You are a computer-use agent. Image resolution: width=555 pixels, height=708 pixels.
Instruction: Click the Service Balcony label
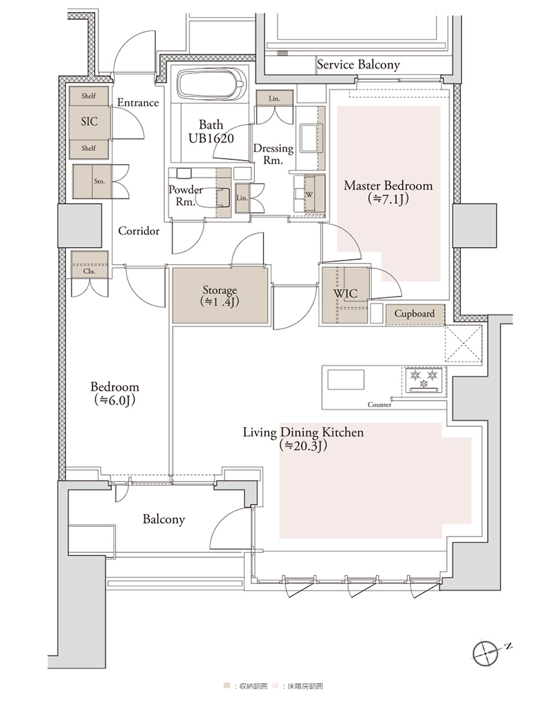click(358, 64)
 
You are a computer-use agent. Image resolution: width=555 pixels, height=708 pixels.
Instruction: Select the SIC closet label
click(89, 121)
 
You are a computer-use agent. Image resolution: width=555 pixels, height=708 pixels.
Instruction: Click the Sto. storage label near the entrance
click(99, 181)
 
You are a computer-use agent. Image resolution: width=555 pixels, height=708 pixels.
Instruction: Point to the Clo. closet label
click(89, 271)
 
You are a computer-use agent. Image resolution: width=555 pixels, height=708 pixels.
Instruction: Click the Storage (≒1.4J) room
click(220, 296)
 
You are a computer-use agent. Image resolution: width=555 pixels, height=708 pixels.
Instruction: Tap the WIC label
click(345, 294)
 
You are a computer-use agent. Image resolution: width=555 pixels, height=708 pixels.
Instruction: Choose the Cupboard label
click(415, 314)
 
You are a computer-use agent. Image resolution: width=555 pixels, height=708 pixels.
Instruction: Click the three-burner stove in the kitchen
click(424, 381)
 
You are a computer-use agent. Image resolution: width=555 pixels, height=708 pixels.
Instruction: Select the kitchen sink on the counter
click(346, 379)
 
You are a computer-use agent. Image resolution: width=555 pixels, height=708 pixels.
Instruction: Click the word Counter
click(379, 404)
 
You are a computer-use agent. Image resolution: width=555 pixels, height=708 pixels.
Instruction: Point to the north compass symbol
click(485, 653)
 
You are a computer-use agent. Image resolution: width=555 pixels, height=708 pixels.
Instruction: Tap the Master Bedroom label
click(389, 185)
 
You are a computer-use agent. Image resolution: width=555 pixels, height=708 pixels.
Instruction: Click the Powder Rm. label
click(185, 195)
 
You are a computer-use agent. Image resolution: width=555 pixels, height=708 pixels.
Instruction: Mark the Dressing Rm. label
click(273, 154)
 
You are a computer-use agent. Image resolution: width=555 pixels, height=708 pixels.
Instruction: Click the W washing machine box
click(309, 194)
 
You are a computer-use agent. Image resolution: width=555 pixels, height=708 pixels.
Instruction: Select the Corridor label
click(139, 232)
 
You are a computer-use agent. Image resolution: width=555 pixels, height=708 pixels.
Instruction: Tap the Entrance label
click(138, 103)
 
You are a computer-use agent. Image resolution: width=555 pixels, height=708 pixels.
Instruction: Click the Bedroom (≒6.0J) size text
click(115, 400)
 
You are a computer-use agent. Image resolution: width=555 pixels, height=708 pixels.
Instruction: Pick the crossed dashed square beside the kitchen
click(464, 344)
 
